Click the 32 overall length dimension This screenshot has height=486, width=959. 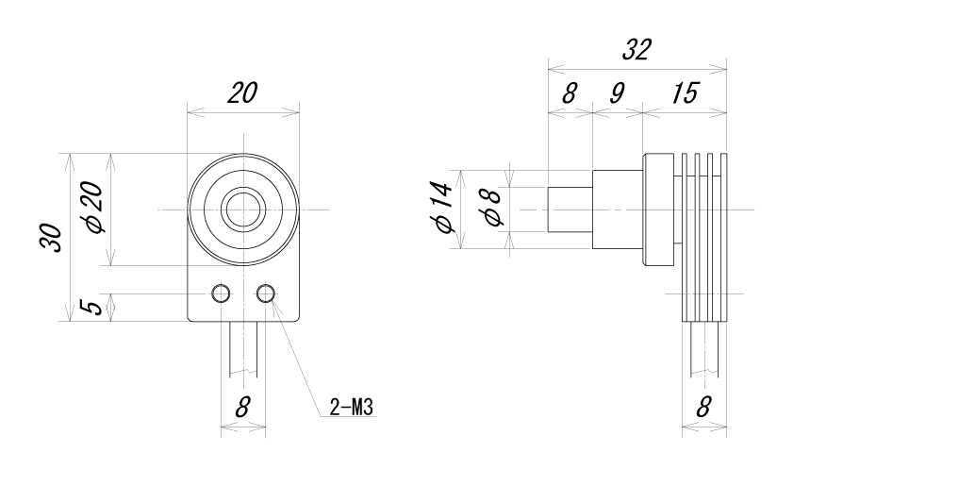pos(637,51)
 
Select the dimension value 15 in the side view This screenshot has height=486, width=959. pos(685,93)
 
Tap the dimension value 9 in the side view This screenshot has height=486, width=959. pos(617,93)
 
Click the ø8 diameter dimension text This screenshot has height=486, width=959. pos(490,209)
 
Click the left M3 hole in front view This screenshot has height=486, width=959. pos(222,293)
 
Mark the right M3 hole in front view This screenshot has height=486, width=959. pos(267,293)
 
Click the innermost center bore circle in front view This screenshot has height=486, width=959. pos(243,209)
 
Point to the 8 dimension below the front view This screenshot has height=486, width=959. pos(242,408)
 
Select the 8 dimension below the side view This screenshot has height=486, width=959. pos(703,408)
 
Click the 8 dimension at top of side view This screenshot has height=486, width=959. pos(570,93)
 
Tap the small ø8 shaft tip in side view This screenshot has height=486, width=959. pos(570,209)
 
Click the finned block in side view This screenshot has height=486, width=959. pos(703,236)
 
